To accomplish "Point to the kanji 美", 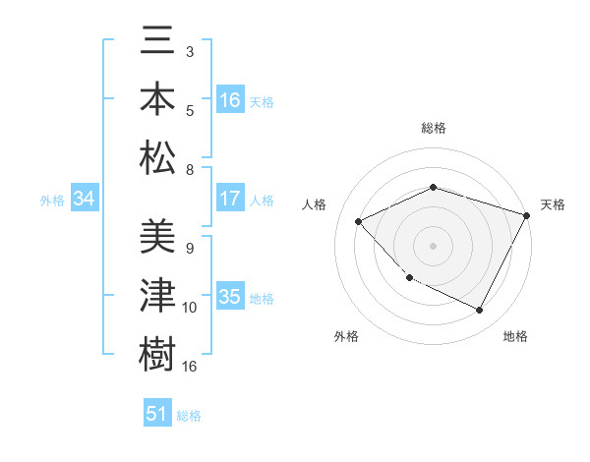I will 157,239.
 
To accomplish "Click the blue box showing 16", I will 230,100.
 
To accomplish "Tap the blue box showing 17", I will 230,199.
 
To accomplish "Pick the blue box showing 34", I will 84,200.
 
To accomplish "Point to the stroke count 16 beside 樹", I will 191,367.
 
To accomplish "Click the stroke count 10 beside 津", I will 190,308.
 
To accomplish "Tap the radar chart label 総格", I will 433,128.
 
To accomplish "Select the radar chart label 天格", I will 553,204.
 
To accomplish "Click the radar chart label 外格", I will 346,336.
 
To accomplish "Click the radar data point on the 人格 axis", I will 359,221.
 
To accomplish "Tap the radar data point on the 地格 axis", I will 480,311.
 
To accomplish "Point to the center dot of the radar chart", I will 433,246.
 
